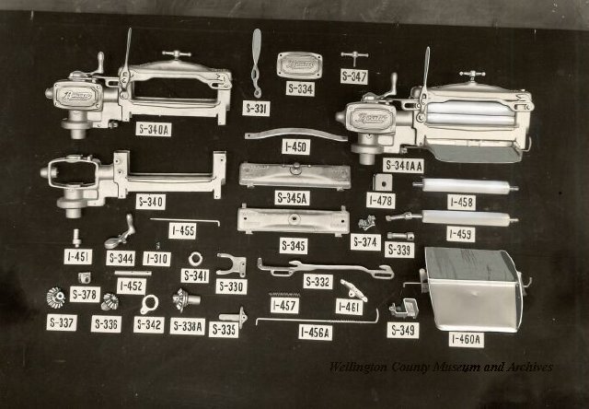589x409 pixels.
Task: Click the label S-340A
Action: [153, 130]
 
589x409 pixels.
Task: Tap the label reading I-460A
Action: [466, 339]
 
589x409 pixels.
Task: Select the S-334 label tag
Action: [300, 89]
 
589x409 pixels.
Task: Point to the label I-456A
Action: [316, 333]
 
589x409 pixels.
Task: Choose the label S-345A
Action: [292, 197]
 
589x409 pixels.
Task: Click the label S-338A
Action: [188, 325]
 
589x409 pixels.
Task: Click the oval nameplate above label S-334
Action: [299, 64]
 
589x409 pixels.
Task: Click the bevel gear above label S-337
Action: [56, 298]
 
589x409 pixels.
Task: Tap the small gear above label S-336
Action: [110, 301]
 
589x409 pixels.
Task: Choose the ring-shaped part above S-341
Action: [196, 258]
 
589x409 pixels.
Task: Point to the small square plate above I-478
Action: [381, 182]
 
